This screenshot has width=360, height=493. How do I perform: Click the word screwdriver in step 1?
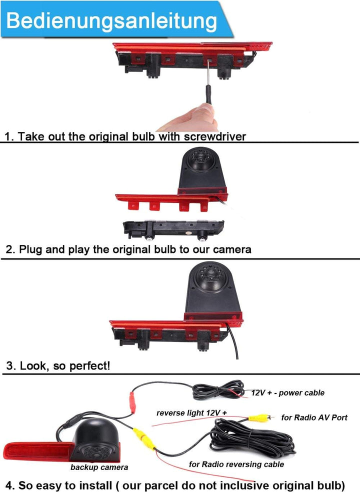[x=214, y=136]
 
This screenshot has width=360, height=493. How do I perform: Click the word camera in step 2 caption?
[x=232, y=249]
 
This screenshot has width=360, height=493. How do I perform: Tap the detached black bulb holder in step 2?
[x=173, y=229]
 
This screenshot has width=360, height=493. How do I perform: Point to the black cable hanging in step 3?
[x=233, y=342]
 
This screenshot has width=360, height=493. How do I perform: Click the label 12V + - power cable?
[x=287, y=392]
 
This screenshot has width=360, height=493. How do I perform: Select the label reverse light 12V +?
[x=191, y=413]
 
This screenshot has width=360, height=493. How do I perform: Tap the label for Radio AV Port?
[x=314, y=417]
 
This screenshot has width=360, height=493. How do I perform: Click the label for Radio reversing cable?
[x=236, y=464]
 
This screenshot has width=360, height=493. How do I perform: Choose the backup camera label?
[x=99, y=467]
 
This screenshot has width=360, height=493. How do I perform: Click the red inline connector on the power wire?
[x=132, y=403]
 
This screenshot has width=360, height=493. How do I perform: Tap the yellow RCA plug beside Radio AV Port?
[x=259, y=418]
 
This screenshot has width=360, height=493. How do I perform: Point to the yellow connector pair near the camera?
[x=144, y=438]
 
